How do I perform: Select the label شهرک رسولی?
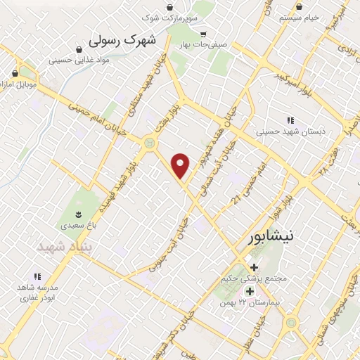pos(127,41)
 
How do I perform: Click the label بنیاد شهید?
pos(60,247)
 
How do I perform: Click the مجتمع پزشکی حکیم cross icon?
pos(254,267)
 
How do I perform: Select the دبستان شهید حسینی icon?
pos(290,120)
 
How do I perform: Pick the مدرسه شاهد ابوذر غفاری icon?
pos(37,277)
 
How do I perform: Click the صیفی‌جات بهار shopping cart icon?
pos(203,34)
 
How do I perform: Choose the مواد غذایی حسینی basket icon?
pos(78,50)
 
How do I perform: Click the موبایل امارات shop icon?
pos(15,73)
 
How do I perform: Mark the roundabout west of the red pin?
pos(149,143)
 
